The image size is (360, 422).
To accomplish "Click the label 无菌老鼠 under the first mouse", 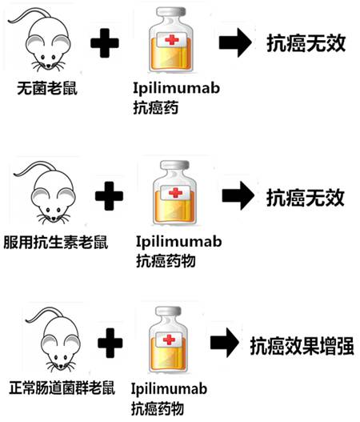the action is tap(47, 88).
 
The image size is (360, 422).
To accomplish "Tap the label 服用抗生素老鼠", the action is tap(56, 242).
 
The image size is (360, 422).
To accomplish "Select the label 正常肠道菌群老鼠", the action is tap(62, 388).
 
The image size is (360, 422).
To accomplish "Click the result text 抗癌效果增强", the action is tap(302, 346).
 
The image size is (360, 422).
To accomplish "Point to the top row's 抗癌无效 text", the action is tap(306, 43).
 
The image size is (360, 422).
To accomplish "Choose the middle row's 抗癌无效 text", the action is tap(306, 198).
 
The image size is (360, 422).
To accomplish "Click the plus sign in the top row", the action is tap(105, 43).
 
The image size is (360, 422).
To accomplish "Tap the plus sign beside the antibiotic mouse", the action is tap(109, 195).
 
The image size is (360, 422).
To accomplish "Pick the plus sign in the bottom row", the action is tap(110, 344).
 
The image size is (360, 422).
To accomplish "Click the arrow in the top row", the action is tap(235, 42).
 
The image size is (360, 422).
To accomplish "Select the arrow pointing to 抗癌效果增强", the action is tap(225, 343).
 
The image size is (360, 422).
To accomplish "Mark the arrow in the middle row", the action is tap(238, 195).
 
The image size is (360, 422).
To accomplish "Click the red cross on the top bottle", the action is tap(172, 40).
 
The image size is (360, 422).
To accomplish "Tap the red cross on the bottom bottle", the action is tap(169, 340).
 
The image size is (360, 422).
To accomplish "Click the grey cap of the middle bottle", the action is tap(174, 165).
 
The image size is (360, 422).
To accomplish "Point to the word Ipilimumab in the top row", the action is tap(176, 88).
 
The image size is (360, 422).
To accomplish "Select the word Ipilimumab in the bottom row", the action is tap(169, 389).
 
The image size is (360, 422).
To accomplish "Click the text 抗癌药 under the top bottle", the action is tap(156, 108).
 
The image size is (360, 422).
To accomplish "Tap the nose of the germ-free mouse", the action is tap(49, 66).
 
